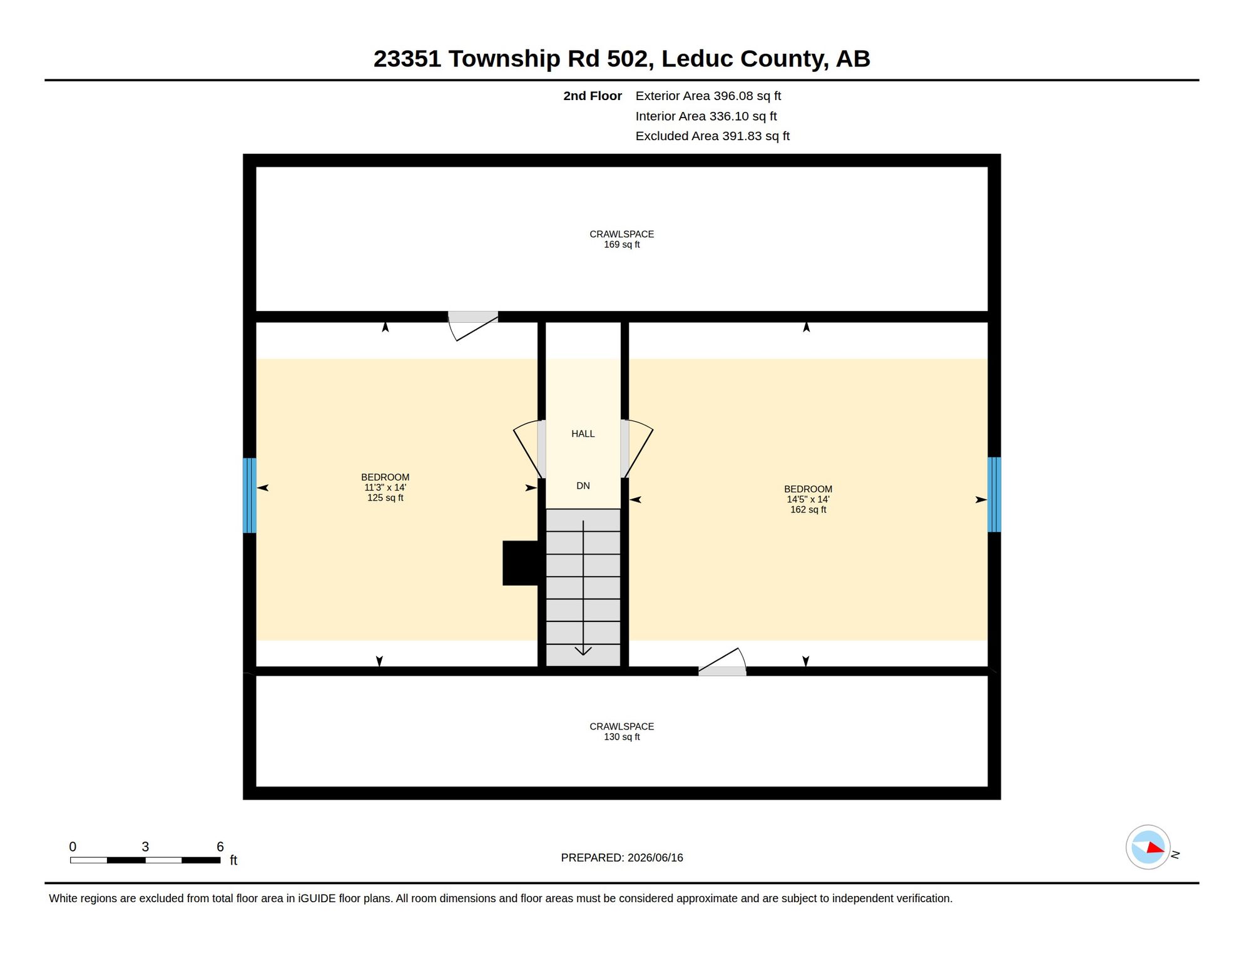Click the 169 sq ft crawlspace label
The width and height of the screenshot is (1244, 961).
621,239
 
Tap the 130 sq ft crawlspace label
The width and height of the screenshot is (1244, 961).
621,731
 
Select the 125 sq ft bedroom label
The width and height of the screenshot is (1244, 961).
385,487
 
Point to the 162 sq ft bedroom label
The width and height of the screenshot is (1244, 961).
808,499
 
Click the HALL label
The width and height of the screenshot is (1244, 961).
583,434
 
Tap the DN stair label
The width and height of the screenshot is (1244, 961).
583,486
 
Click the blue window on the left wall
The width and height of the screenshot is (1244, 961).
249,496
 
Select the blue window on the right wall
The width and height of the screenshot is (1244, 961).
994,495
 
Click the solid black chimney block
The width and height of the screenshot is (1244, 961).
521,563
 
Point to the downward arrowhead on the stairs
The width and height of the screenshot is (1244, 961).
583,651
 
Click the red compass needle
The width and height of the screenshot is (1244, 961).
1155,848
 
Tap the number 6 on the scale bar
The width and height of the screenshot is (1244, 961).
220,847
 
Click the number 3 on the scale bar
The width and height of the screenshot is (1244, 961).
145,847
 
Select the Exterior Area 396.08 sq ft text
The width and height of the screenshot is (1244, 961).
708,96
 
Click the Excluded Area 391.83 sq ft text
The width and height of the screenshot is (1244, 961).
712,136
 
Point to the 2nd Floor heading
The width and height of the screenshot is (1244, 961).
592,96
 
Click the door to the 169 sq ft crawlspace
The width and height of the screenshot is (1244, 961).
473,325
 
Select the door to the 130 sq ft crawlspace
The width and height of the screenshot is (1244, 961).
722,662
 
